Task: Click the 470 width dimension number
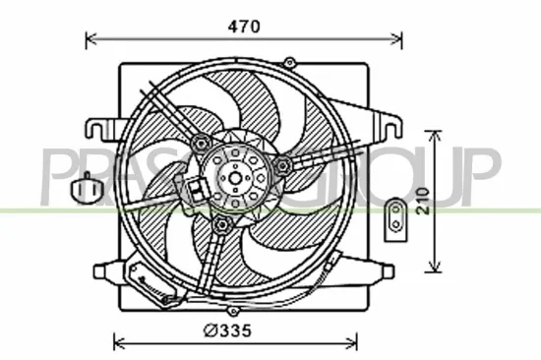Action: pos(244,28)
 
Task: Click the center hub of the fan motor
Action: pos(236,178)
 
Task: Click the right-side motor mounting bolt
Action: pos(283,164)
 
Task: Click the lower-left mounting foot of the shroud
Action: pos(105,271)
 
